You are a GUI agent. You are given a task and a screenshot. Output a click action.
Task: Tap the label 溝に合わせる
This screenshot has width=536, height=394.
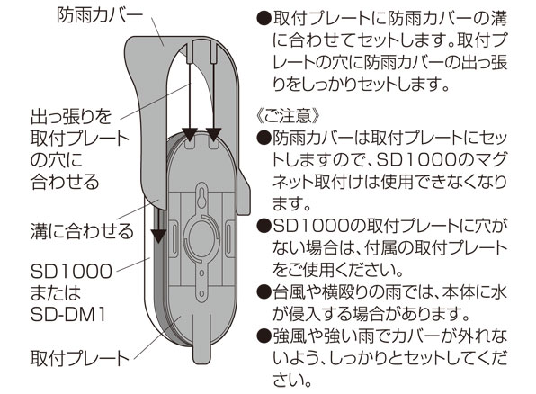click(82, 231)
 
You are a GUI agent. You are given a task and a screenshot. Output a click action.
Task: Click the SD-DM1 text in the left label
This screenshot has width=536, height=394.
click(67, 315)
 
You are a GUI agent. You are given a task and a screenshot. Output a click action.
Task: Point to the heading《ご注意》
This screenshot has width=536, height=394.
click(287, 116)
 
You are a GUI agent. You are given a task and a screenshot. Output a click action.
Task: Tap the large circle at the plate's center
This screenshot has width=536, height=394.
click(201, 237)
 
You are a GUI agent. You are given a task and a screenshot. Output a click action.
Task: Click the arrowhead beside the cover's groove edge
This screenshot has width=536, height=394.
click(158, 236)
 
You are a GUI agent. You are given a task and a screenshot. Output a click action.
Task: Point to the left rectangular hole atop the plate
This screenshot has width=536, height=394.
click(190, 144)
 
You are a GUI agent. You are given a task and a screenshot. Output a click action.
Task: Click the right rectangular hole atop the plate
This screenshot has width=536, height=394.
click(213, 144)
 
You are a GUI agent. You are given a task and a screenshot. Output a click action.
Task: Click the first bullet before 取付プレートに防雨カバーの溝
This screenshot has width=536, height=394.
click(264, 19)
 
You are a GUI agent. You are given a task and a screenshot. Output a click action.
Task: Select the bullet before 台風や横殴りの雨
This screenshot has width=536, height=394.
click(264, 291)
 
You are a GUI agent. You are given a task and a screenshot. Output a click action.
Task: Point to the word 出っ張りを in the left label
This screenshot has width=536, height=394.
click(71, 117)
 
